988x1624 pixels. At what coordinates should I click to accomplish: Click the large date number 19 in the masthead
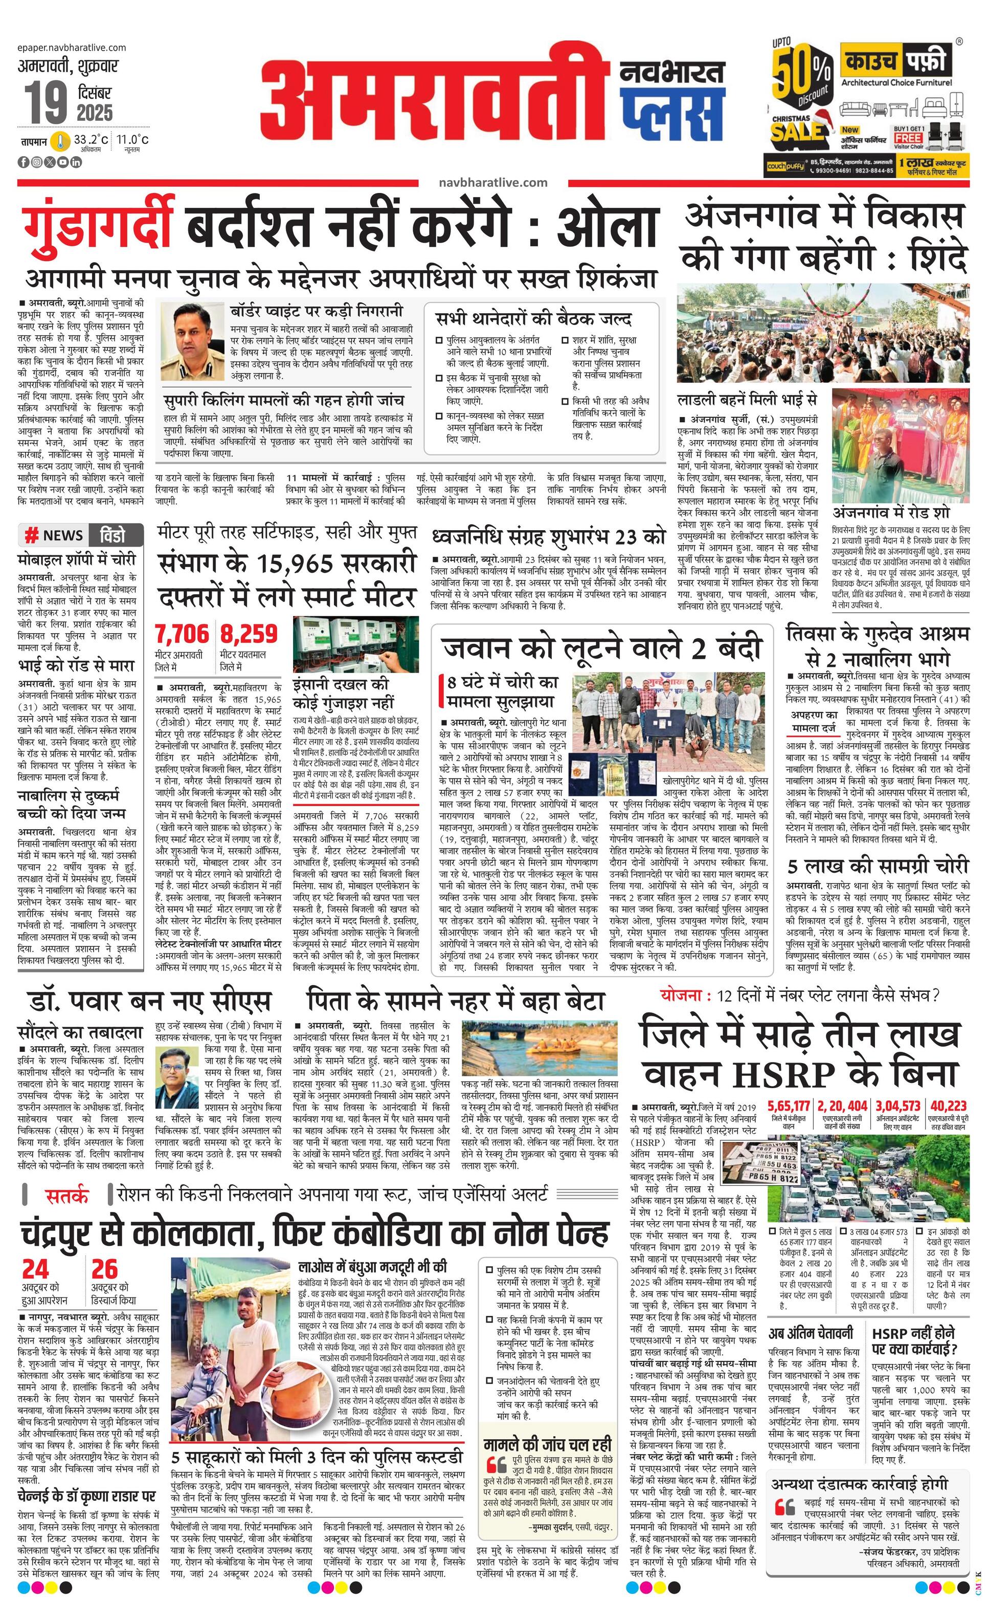click(46, 102)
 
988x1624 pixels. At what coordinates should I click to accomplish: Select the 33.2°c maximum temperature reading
click(90, 140)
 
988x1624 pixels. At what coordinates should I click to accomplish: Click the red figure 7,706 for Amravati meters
click(182, 634)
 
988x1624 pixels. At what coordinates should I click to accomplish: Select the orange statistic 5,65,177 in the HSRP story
click(789, 1106)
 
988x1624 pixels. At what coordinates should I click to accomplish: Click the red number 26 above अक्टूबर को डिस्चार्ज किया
click(105, 1269)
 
